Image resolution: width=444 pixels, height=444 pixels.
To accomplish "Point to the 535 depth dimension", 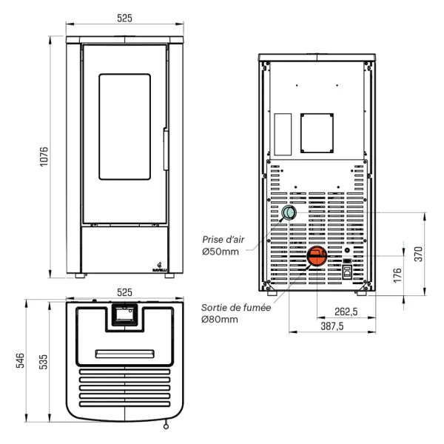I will coord(44,360).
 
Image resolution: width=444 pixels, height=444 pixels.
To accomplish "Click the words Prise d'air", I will coord(223,239).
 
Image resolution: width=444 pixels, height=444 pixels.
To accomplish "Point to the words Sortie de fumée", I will coord(235,307).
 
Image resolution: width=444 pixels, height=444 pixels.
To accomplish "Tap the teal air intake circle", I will coord(288,214).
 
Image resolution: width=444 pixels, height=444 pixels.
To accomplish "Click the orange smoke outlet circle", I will coord(317,257).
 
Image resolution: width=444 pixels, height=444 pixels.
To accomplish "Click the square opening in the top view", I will coord(124,315).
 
